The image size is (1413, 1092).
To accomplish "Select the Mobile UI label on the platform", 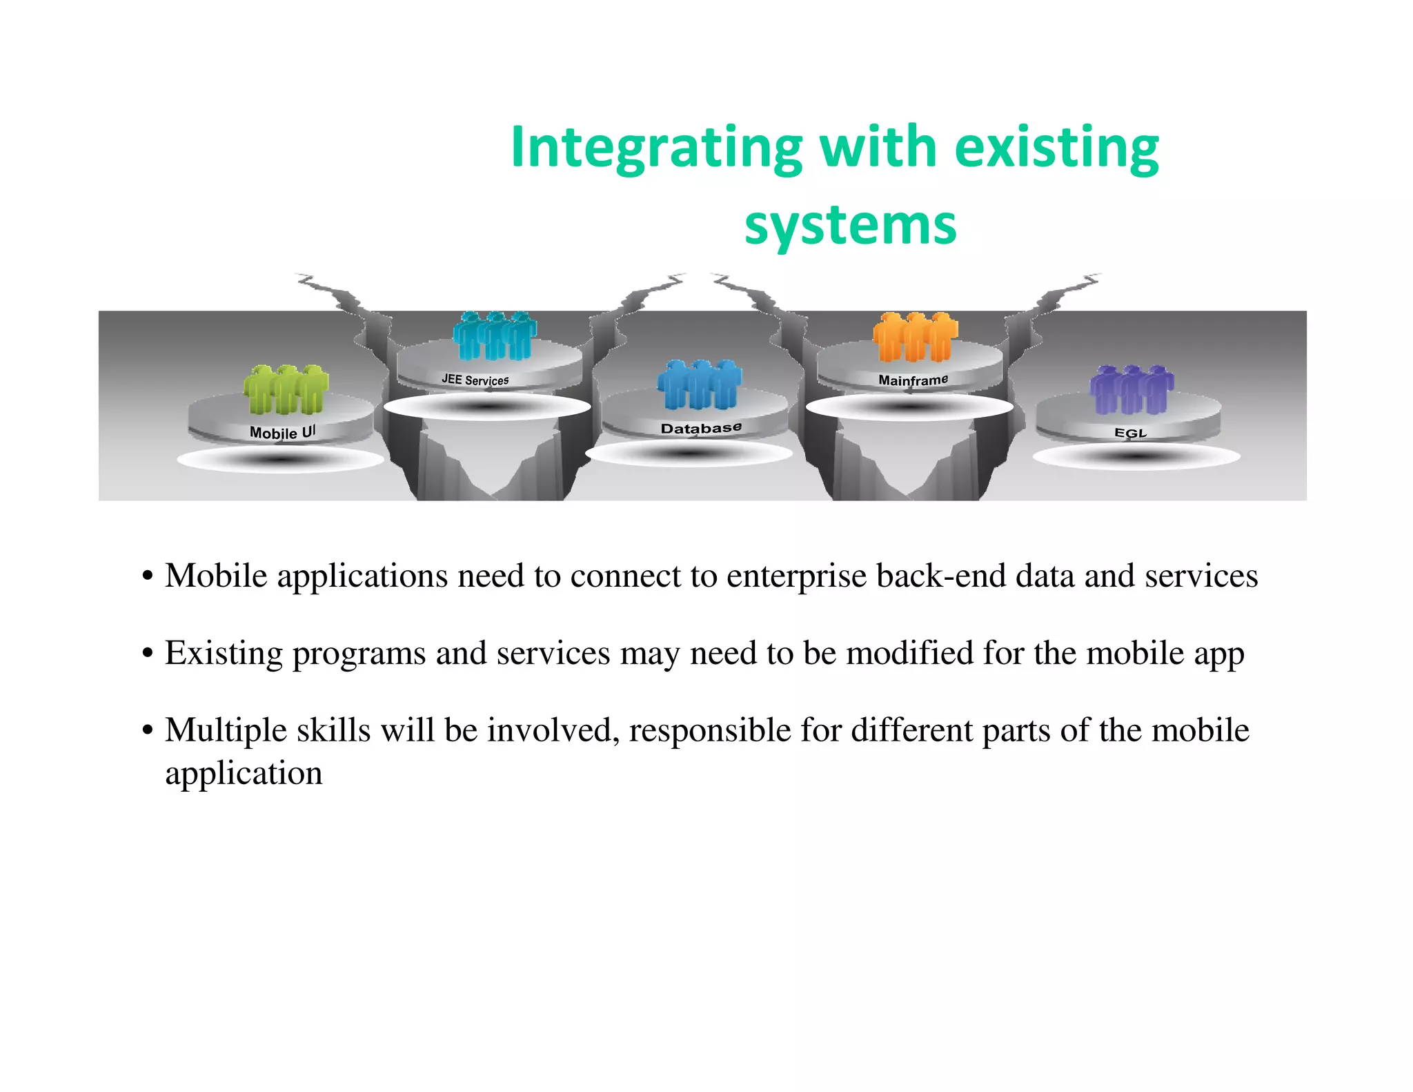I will [282, 433].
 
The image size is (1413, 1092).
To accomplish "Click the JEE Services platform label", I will [475, 380].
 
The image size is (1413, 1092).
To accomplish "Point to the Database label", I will [701, 428].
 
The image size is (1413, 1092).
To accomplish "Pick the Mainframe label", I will [913, 380].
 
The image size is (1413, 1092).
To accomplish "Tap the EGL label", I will [1130, 433].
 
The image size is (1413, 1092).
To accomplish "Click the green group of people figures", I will [286, 389].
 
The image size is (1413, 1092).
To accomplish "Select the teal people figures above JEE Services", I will [495, 335].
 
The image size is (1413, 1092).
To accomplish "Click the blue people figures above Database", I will [700, 384].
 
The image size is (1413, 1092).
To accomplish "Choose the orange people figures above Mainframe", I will [915, 337].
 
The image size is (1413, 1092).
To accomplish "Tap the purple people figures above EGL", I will [1132, 389].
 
